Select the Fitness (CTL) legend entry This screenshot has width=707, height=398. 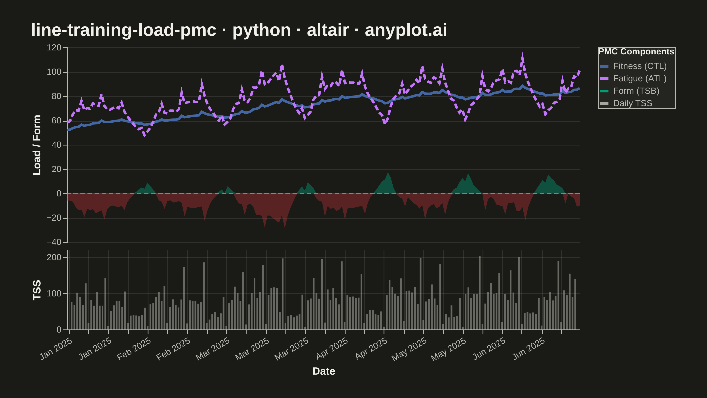coord(633,66)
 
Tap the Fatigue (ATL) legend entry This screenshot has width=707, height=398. coord(633,78)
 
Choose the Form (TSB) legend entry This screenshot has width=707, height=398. coord(629,91)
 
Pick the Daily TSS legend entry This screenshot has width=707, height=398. coord(626,103)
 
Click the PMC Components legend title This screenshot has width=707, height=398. coord(636,52)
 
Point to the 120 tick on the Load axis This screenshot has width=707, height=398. coord(54,48)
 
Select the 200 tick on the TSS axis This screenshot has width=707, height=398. coord(54,257)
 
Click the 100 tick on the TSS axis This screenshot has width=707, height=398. coord(54,293)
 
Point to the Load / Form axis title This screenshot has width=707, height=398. coord(37,145)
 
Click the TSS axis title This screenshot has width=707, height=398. coord(37,290)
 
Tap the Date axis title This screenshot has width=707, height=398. coord(324,371)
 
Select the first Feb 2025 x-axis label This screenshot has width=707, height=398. coord(134,349)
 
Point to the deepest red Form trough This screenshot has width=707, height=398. coord(285,228)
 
